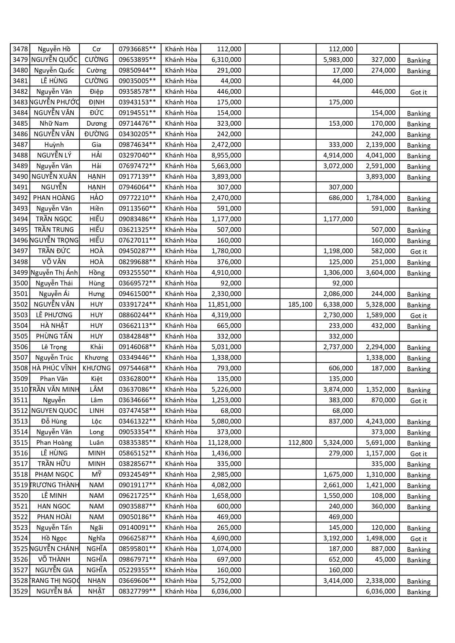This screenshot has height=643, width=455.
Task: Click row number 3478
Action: [20, 49]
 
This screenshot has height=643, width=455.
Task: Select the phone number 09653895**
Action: [137, 60]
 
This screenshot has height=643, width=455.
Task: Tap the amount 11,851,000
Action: [224, 304]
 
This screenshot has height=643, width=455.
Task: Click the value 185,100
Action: [300, 304]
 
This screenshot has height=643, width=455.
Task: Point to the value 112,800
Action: [300, 443]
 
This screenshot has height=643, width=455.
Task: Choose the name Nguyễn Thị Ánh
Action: [54, 273]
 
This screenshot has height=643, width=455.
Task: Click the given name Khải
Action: [96, 347]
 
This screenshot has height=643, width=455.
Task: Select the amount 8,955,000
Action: [226, 155]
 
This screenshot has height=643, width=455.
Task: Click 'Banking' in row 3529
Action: [418, 592]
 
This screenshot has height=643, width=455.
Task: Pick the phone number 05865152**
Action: [137, 453]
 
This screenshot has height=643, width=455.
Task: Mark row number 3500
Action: [20, 283]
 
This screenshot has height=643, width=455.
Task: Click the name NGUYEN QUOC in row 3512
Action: [54, 411]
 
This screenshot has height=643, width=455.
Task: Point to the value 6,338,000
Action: [338, 304]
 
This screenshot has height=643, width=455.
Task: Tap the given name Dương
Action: [96, 123]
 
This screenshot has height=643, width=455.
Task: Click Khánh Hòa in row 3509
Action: [181, 379]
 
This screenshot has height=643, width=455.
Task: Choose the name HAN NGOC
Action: [54, 506]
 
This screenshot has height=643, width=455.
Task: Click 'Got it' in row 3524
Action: [418, 539]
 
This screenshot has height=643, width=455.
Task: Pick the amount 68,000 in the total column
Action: [231, 411]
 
